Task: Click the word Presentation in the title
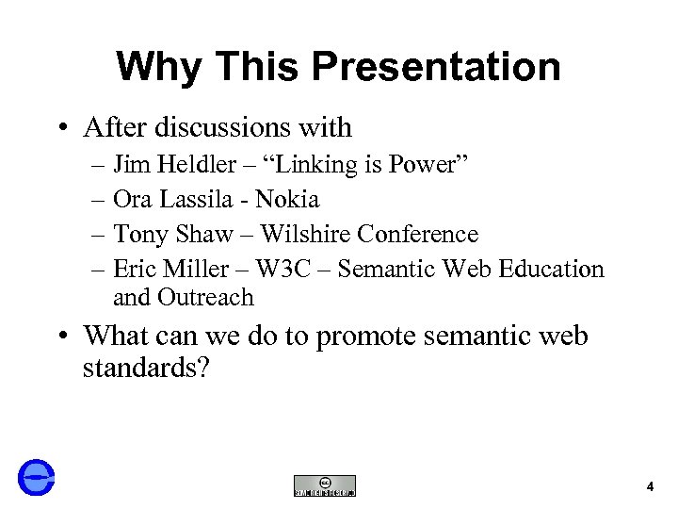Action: pos(436,68)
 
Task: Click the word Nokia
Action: pos(287,200)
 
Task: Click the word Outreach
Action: pos(205,298)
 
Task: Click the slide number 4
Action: pos(650,487)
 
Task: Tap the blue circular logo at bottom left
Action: pos(37,477)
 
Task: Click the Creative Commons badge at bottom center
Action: pos(325,485)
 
